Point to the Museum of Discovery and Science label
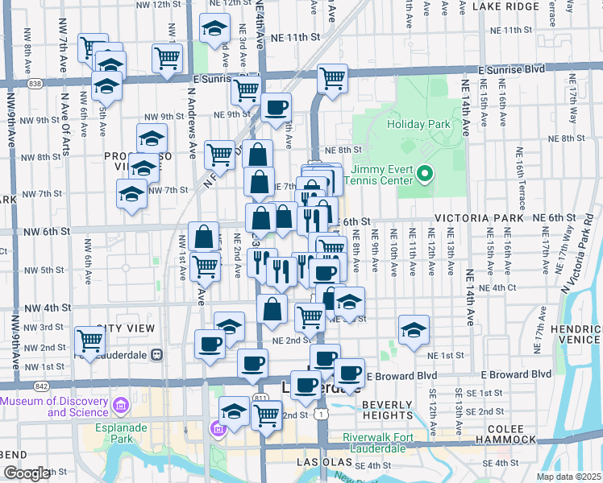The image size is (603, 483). click(x=56, y=407)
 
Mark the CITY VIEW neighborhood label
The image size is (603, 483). click(x=125, y=328)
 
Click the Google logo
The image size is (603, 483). click(x=27, y=473)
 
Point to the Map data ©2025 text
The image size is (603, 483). click(x=568, y=477)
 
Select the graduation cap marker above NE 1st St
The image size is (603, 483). click(x=414, y=329)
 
